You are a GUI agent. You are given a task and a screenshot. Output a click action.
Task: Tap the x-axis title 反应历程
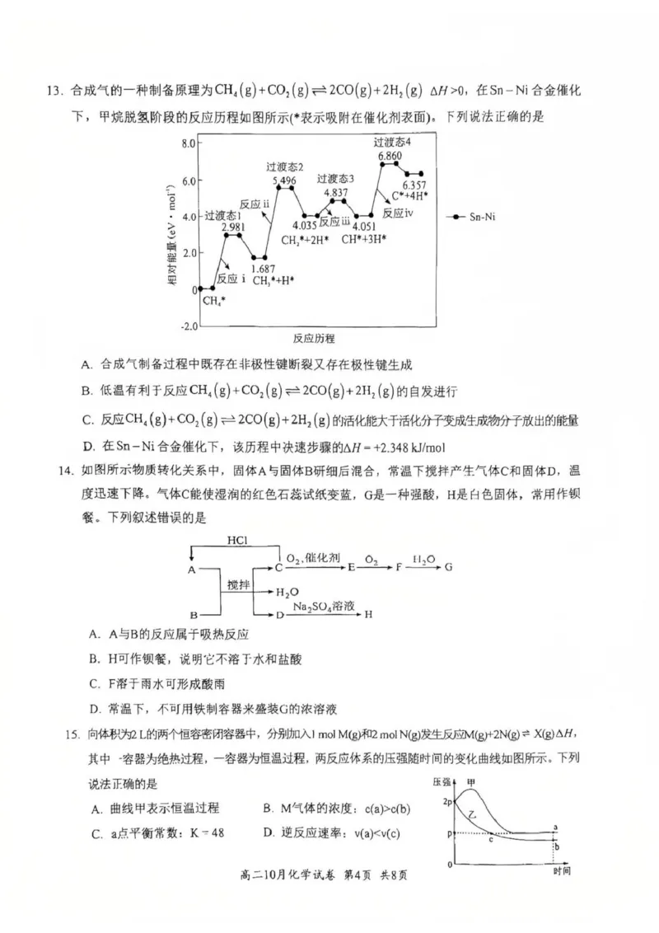[x=313, y=339]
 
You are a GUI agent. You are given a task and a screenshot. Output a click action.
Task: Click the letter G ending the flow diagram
[x=449, y=568]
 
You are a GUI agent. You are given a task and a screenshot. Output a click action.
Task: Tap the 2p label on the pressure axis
[x=448, y=802]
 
